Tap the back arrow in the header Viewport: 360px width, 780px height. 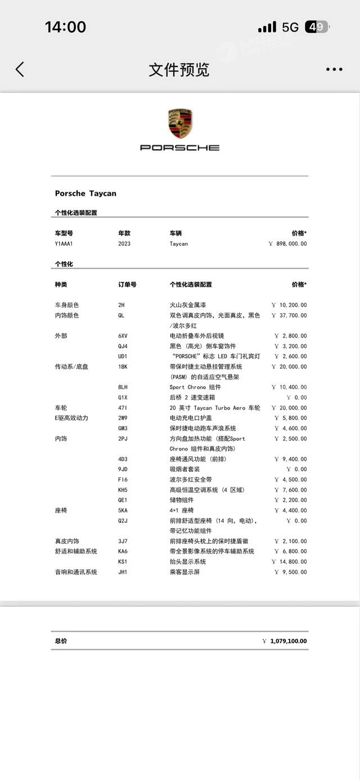[x=20, y=70]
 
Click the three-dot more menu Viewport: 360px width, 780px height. [x=334, y=70]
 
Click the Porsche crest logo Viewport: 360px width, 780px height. [x=180, y=123]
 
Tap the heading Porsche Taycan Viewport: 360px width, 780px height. [x=85, y=193]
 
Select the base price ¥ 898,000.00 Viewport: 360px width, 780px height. [x=287, y=244]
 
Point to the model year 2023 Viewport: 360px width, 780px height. [x=124, y=244]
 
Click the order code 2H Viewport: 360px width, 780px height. [x=121, y=305]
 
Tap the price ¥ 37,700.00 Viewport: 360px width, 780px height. [x=289, y=315]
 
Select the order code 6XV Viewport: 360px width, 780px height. [x=123, y=336]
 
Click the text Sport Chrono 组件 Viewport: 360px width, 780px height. [x=195, y=387]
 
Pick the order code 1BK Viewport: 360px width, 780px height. [x=123, y=367]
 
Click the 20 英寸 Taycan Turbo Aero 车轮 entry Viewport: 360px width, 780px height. [x=215, y=408]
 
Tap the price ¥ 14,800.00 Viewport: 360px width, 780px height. [x=289, y=562]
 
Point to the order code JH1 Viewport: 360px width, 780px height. [x=123, y=572]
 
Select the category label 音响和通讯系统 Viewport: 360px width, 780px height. [x=76, y=572]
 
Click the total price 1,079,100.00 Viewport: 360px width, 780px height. [x=288, y=641]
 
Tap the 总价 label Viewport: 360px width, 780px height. [x=61, y=641]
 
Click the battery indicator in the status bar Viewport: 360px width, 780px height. [x=316, y=26]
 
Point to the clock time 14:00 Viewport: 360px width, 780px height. [x=65, y=26]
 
